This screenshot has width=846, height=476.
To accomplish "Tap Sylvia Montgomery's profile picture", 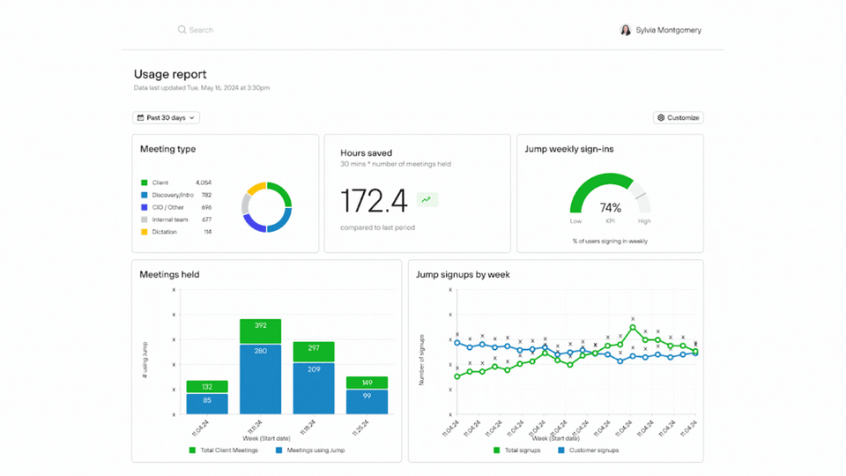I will [626, 30].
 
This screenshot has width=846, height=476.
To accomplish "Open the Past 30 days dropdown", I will [167, 117].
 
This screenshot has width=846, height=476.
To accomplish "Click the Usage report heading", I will [170, 75].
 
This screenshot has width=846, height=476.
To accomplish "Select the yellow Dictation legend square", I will [145, 232].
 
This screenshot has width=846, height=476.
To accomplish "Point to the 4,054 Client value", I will [204, 182].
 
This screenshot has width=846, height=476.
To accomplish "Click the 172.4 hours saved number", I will [374, 201].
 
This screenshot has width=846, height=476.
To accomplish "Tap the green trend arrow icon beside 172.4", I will [427, 200].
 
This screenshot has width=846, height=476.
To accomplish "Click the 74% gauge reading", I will [611, 208].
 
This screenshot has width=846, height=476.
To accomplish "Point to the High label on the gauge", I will [644, 221].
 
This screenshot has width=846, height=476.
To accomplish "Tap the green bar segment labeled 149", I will [367, 383].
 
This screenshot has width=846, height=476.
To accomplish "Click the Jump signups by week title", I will [463, 274].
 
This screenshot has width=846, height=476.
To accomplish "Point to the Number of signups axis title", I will [422, 360].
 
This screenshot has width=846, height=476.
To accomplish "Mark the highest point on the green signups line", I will [633, 327].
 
